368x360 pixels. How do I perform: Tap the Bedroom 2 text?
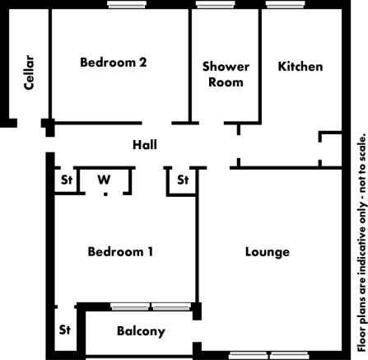pyautogui.click(x=114, y=62)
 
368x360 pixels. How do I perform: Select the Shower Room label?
pyautogui.click(x=225, y=74)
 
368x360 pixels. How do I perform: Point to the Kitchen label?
pyautogui.click(x=300, y=66)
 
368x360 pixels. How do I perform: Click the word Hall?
pyautogui.click(x=145, y=145)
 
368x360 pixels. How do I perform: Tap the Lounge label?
pyautogui.click(x=268, y=252)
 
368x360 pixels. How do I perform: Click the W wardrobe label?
pyautogui.click(x=104, y=180)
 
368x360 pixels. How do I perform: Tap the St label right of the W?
pyautogui.click(x=183, y=180)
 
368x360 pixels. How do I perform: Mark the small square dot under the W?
pyautogui.click(x=105, y=194)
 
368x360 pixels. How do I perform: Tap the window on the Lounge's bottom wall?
pyautogui.click(x=260, y=355)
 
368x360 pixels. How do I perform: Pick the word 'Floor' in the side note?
pyautogui.click(x=360, y=334)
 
